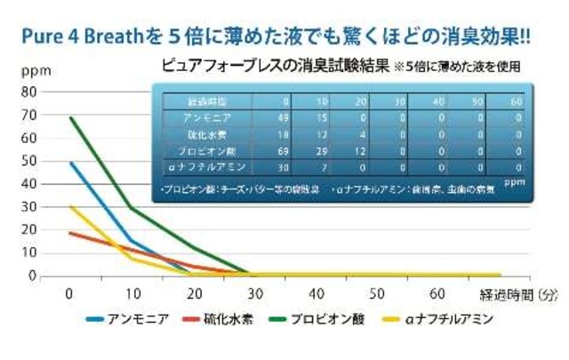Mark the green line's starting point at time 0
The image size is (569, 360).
(69, 117)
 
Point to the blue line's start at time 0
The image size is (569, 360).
(69, 163)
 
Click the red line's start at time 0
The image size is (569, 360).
(69, 233)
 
